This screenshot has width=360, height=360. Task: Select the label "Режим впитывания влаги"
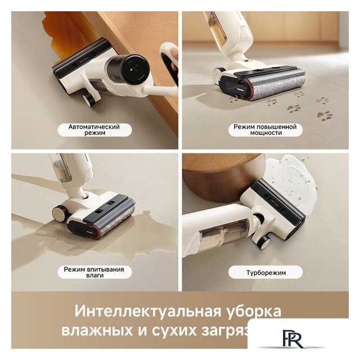tap(94, 273)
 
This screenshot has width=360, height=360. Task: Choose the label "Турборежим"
tap(265, 273)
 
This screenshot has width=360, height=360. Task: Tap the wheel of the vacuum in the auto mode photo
tap(88, 99)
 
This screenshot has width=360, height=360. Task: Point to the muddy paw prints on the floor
tap(307, 106)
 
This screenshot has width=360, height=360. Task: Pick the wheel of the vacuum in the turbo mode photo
tap(263, 242)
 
